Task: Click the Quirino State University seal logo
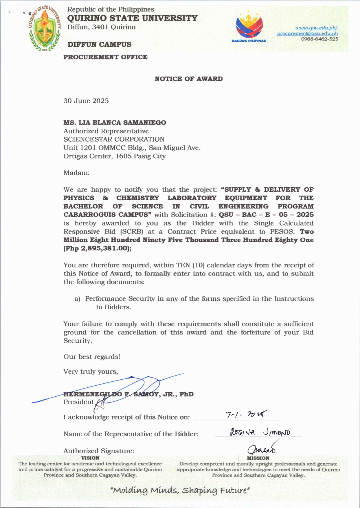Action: click(x=45, y=29)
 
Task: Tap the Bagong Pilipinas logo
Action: click(x=249, y=27)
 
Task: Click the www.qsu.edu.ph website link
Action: click(x=316, y=28)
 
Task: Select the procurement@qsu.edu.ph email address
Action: click(x=307, y=33)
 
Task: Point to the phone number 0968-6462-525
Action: click(x=319, y=39)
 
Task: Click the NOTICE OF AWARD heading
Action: click(x=189, y=79)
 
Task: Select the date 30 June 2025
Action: click(x=86, y=101)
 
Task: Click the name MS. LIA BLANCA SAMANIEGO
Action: click(x=115, y=123)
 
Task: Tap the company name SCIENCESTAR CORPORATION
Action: click(x=114, y=139)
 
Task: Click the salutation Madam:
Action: click(x=77, y=173)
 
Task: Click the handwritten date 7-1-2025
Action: click(x=246, y=414)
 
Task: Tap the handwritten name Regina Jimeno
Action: click(x=260, y=433)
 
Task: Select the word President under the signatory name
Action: click(x=79, y=402)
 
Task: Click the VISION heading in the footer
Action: click(x=90, y=458)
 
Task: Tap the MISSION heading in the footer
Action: click(x=258, y=458)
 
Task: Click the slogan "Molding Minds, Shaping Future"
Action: click(x=180, y=490)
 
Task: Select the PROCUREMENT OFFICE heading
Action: click(x=105, y=57)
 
